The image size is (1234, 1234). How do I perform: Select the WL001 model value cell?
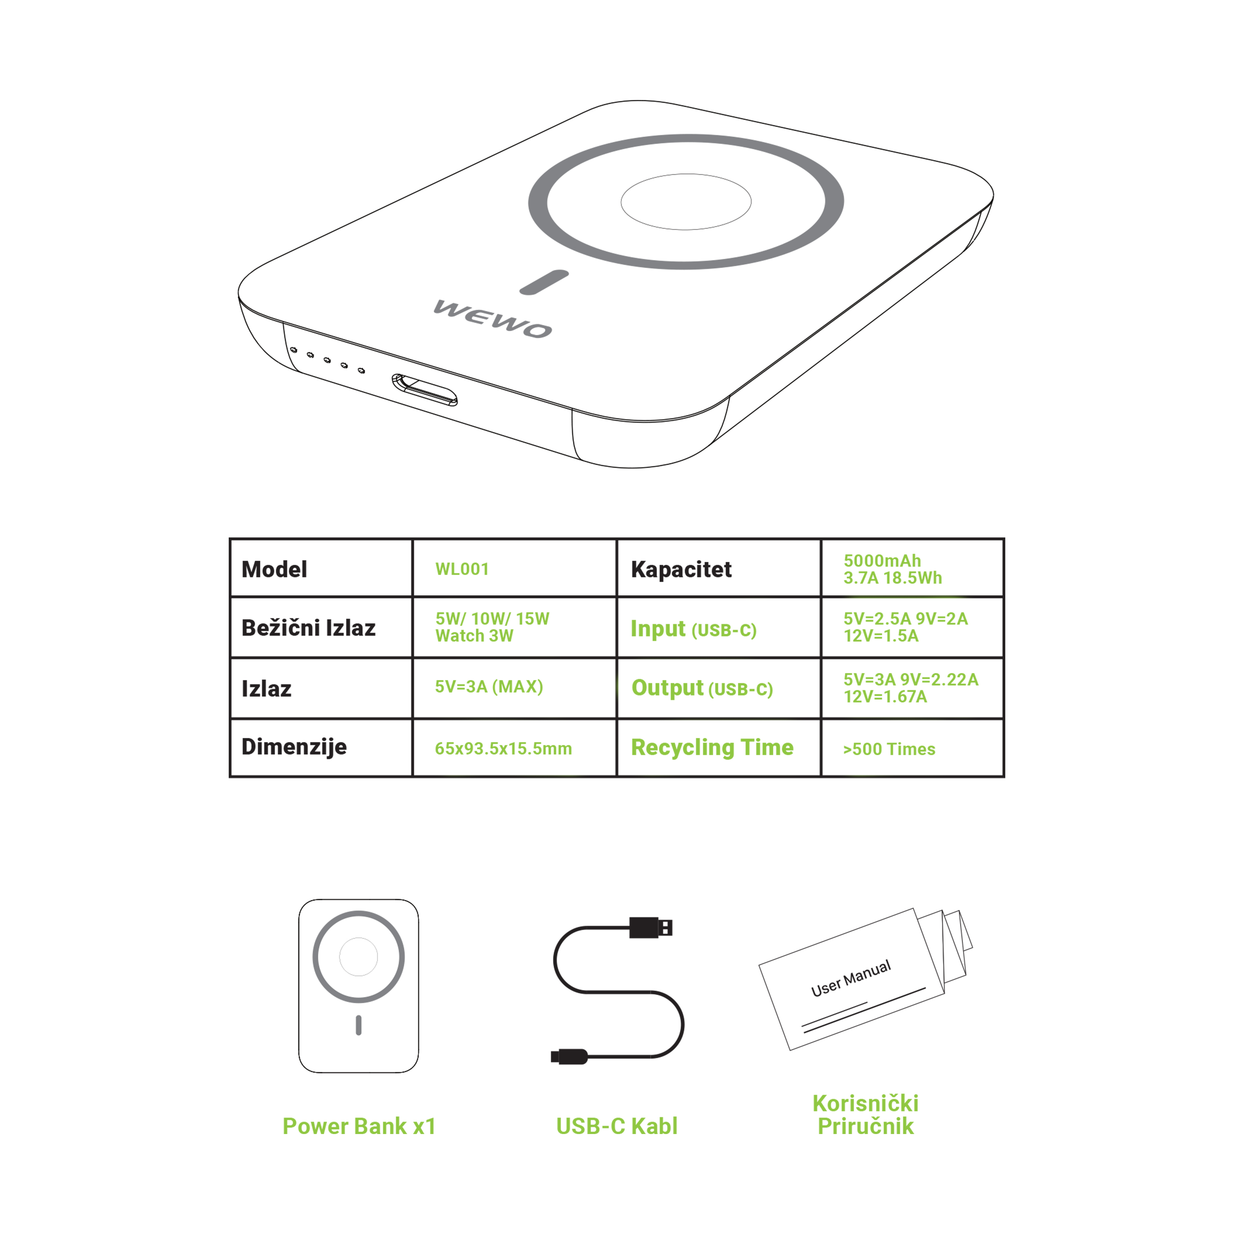[462, 569]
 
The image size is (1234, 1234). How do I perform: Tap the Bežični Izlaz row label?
[308, 628]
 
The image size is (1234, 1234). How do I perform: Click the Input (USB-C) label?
[693, 629]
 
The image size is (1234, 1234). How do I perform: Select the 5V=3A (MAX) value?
[489, 687]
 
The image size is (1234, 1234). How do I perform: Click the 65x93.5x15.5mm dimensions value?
[503, 749]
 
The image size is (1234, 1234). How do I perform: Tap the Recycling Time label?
[712, 747]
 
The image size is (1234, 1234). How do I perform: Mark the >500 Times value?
[888, 749]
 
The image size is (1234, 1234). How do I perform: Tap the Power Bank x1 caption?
[359, 1126]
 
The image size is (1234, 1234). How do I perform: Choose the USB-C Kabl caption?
[616, 1126]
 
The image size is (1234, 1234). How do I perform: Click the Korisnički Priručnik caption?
[865, 1115]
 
